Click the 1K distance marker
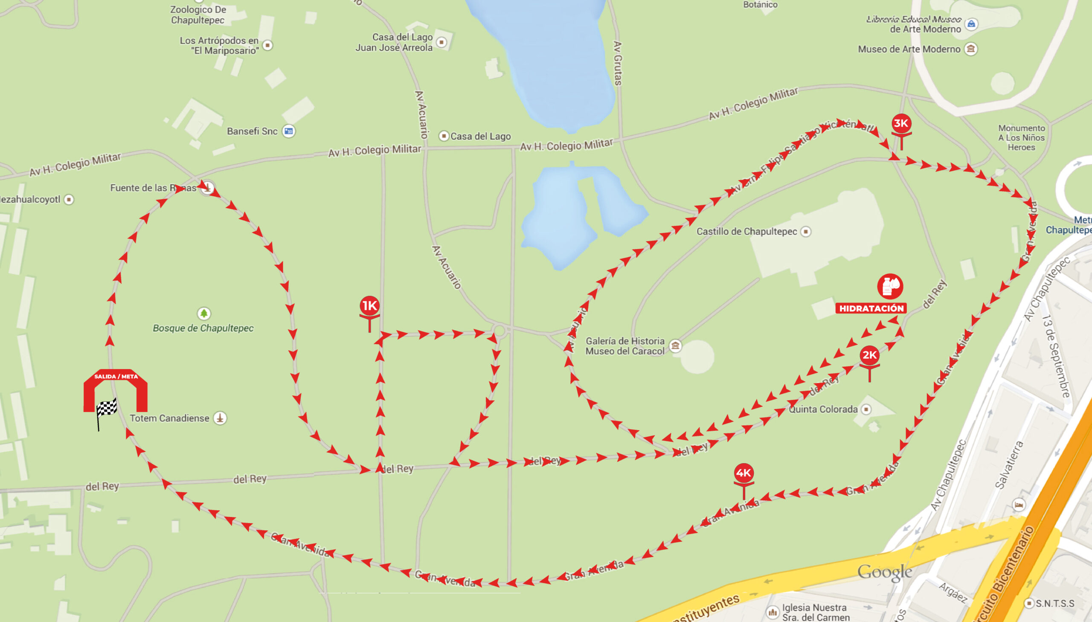(369, 306)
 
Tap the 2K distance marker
(869, 355)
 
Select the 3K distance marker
(901, 124)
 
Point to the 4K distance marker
(743, 474)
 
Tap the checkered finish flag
(106, 410)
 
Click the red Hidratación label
(871, 308)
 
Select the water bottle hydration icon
(889, 286)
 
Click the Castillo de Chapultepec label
(746, 232)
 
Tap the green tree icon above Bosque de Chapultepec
(204, 314)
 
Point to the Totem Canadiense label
(169, 418)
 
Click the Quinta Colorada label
(823, 409)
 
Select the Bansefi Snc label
(252, 131)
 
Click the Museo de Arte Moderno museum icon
(971, 49)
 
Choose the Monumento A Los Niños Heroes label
(1021, 137)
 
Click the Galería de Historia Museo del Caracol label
(625, 346)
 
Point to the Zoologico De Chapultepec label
(198, 15)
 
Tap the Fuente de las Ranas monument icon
(208, 188)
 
